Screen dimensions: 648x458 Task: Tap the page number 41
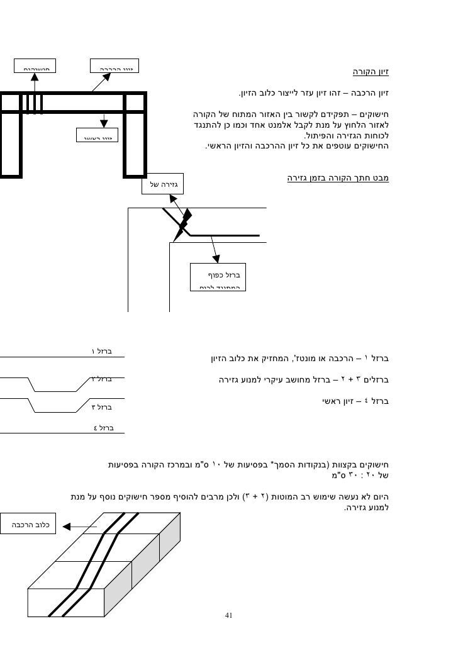[229, 615]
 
